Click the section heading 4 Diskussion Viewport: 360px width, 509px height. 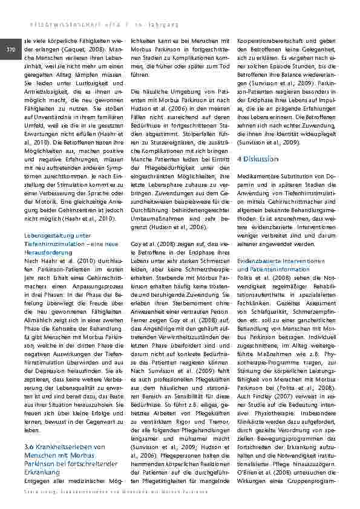(x=258, y=158)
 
